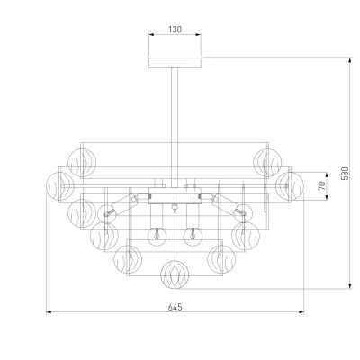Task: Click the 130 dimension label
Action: (x=175, y=30)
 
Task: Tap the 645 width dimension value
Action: (x=175, y=307)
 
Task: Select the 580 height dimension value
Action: (x=346, y=174)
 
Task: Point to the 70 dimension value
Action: (x=321, y=186)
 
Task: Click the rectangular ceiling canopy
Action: (x=175, y=63)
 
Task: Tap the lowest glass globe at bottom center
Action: (x=175, y=274)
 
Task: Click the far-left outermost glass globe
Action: (x=60, y=186)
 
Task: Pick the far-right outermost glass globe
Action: (x=290, y=186)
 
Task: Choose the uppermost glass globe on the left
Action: (x=82, y=163)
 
